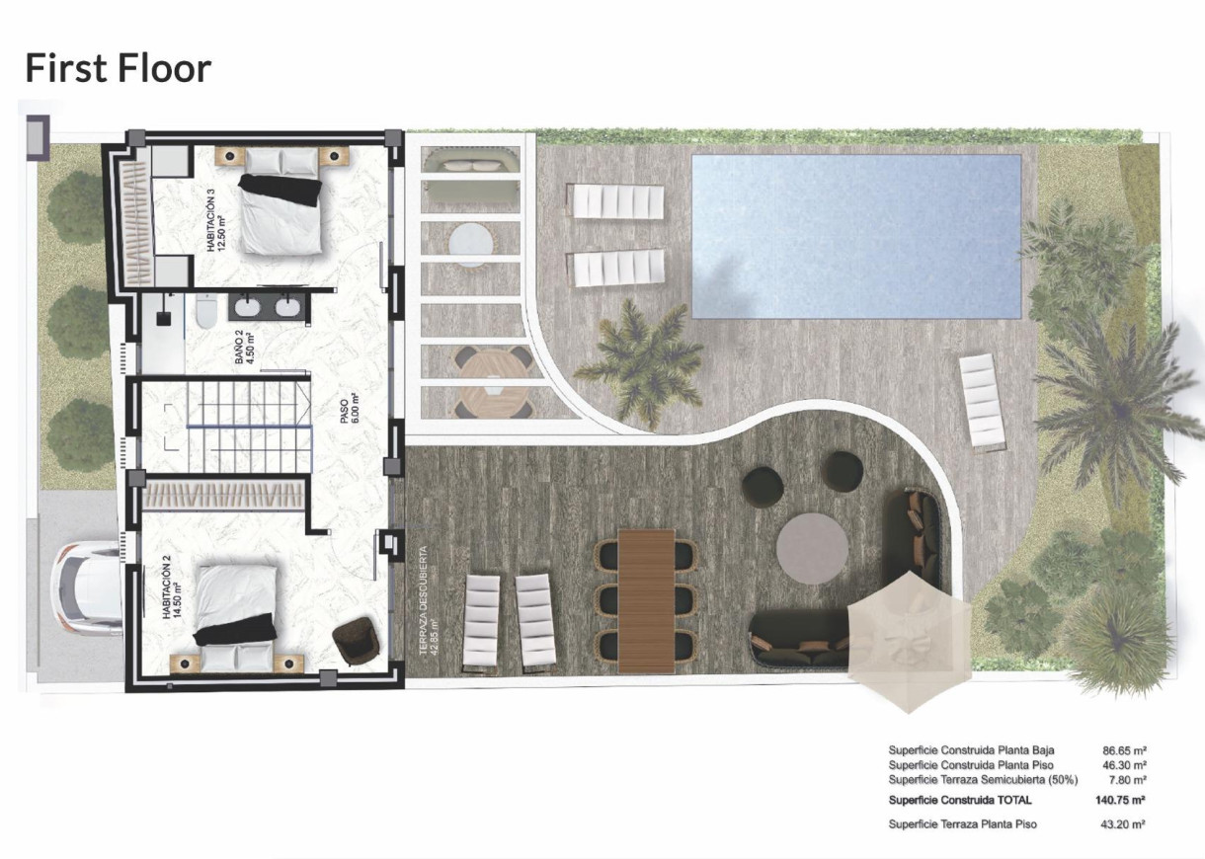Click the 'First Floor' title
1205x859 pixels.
[118, 68]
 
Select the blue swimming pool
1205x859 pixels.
[855, 236]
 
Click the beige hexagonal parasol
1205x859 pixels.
[909, 641]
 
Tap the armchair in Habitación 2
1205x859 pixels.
[356, 640]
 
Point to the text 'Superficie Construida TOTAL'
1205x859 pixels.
[960, 801]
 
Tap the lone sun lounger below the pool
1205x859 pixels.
[982, 401]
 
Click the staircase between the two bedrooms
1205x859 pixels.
[227, 426]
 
